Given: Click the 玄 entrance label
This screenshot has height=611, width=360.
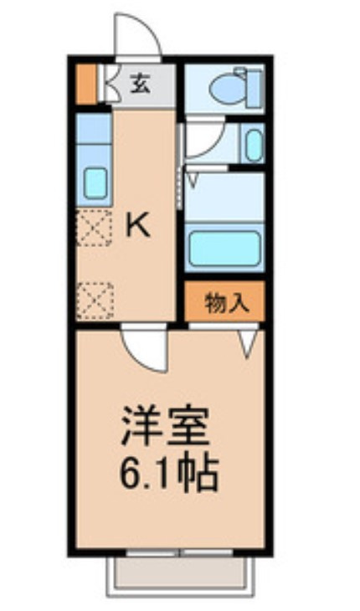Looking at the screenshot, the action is click(141, 85).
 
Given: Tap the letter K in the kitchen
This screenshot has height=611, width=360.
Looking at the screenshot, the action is click(137, 227).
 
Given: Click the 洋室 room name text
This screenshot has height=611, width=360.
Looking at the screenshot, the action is click(166, 426).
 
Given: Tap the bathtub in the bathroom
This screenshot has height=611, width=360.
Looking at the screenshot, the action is click(224, 249).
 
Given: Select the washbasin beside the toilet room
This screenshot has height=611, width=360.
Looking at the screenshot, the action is click(254, 146).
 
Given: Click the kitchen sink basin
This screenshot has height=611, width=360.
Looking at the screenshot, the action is click(95, 183).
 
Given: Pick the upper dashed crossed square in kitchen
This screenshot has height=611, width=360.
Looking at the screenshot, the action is click(94, 228).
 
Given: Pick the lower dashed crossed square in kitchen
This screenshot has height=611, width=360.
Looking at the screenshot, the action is click(95, 301).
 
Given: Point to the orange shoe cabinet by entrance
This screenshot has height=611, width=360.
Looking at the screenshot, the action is click(85, 85).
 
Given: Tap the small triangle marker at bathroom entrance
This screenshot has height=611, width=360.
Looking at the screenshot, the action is click(193, 181).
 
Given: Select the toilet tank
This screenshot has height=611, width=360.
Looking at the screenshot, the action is click(254, 89).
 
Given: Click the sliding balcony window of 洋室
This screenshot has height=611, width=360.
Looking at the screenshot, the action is click(180, 552).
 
